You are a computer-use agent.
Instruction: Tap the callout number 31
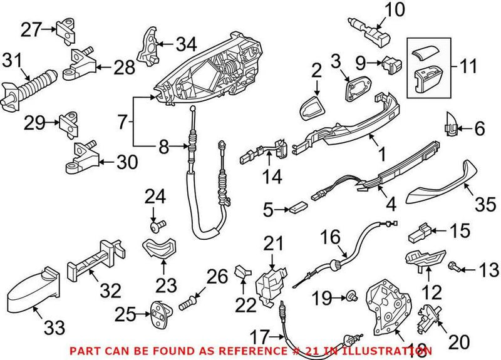click(x=12, y=61)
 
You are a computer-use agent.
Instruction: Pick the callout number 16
click(x=333, y=238)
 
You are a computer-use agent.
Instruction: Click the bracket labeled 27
click(x=66, y=29)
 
